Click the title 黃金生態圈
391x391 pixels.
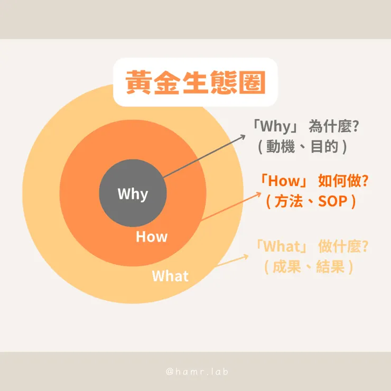click(196, 82)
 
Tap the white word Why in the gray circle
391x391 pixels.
click(133, 194)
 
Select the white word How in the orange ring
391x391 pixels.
click(152, 237)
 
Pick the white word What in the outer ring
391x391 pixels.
click(170, 276)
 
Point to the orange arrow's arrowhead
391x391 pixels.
click(259, 194)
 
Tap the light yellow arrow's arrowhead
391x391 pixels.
click(246, 257)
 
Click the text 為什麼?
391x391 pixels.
click(334, 126)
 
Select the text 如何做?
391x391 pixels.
click(343, 181)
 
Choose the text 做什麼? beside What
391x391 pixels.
click(343, 246)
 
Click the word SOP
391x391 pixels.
click(333, 201)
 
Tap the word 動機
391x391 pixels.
click(281, 146)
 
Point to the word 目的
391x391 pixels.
click(324, 146)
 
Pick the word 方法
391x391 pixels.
click(288, 201)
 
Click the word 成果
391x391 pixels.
click(287, 267)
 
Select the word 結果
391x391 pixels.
click(330, 267)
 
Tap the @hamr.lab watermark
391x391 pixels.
click(197, 371)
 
